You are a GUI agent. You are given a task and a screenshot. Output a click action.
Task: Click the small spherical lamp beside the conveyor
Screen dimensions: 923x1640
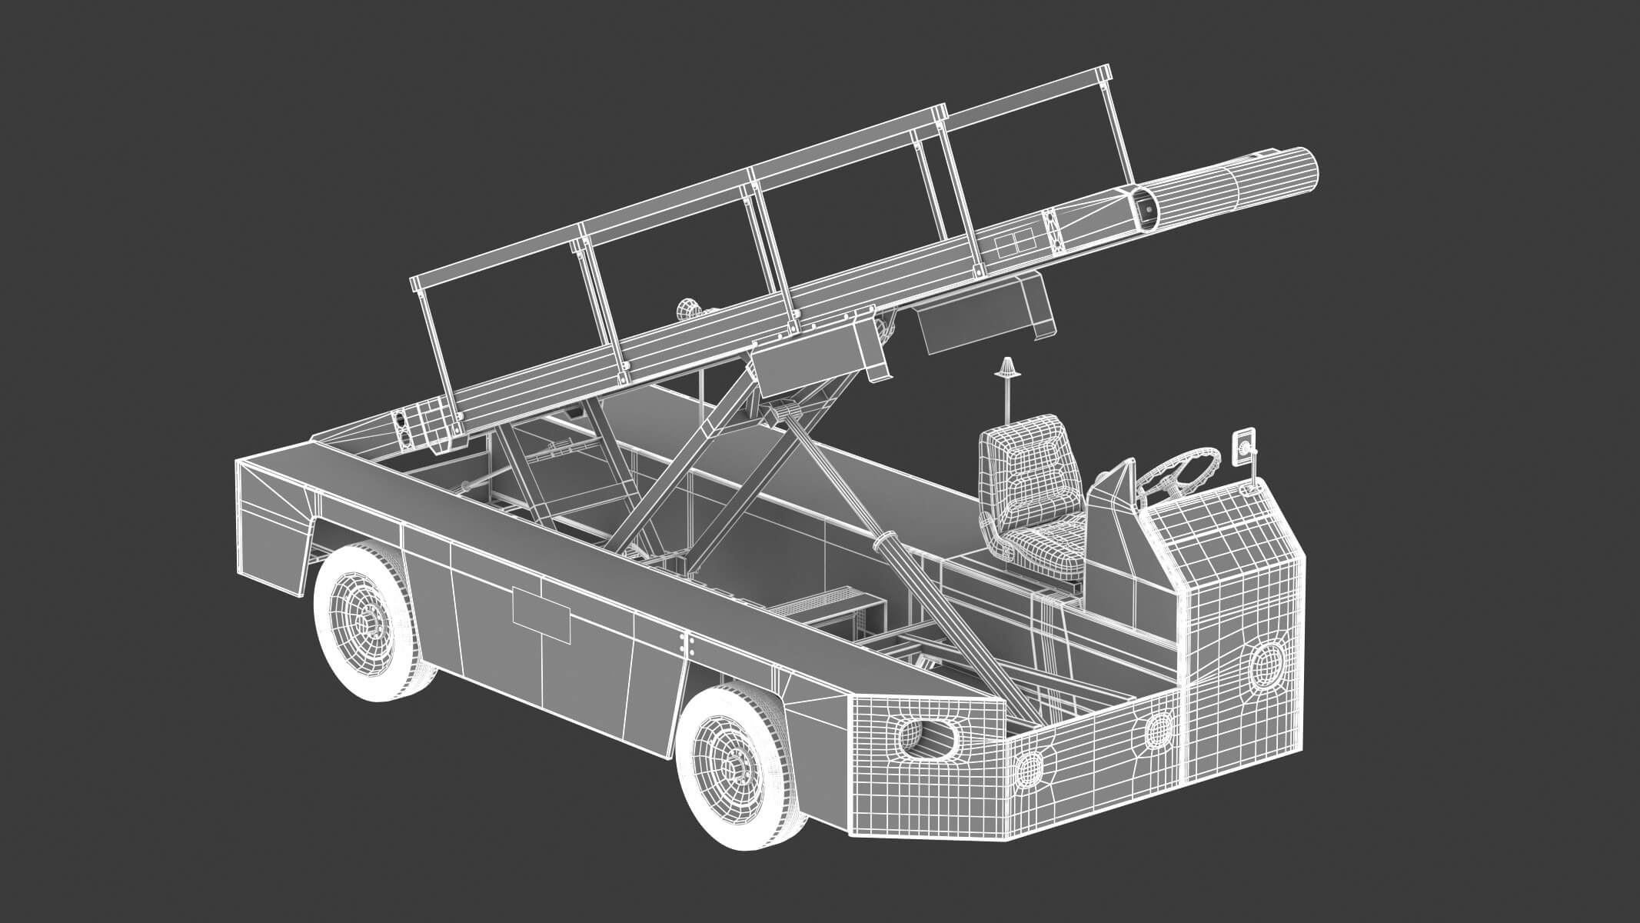point(686,312)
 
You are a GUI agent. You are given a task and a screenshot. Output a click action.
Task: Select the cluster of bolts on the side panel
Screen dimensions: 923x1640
point(686,645)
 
